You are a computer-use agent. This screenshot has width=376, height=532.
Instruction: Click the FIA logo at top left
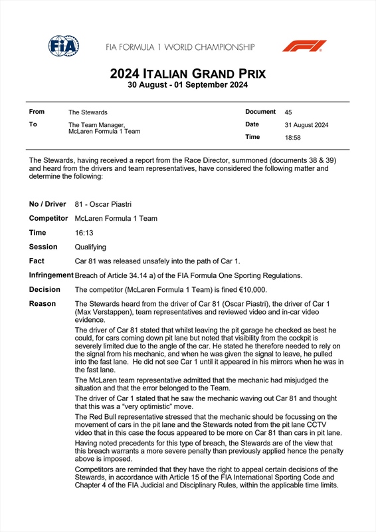[64, 46]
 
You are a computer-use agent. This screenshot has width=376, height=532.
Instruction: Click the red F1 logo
[304, 46]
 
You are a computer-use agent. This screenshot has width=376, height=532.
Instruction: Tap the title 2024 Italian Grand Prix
[187, 73]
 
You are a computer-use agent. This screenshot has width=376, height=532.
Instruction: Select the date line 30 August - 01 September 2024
[187, 85]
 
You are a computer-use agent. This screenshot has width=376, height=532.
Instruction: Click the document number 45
[289, 112]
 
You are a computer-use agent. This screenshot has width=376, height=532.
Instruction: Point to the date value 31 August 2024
[306, 125]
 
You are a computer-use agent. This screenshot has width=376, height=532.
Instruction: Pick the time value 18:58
[293, 138]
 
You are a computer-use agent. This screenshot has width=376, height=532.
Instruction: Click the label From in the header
[37, 112]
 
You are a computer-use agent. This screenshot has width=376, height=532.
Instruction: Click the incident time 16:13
[84, 233]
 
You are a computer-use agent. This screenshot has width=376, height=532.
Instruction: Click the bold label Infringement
[50, 275]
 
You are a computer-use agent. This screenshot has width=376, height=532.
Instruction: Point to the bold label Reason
[42, 304]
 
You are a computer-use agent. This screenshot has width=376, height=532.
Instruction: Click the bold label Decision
[45, 290]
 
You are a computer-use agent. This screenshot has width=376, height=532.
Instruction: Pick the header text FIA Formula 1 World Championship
[179, 47]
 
